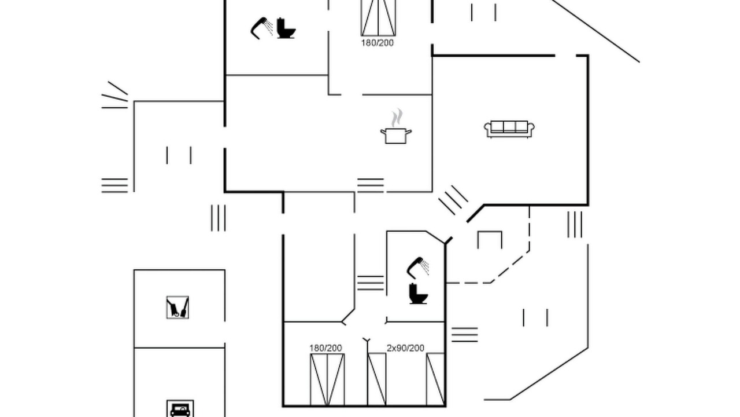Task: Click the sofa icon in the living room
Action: pos(509,129)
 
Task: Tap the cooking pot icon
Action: pos(396,136)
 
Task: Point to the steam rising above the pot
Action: pos(397,118)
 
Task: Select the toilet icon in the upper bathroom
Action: pos(286,28)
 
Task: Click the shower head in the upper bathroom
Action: pos(262,28)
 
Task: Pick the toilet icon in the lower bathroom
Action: pos(418,294)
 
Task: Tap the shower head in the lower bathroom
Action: pos(418,268)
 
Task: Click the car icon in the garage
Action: pos(180,409)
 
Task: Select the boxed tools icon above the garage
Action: pos(177,308)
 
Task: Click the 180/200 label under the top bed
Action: pos(378,43)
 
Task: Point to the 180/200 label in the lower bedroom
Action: pos(325,348)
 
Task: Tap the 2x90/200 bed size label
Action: pos(405,348)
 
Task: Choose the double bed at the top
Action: pos(378,17)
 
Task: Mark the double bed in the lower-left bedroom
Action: pos(327,379)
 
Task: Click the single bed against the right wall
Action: pos(435,379)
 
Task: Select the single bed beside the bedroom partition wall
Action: pos(377,379)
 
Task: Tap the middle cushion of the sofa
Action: pos(509,127)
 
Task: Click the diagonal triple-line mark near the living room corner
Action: pos(453,200)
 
